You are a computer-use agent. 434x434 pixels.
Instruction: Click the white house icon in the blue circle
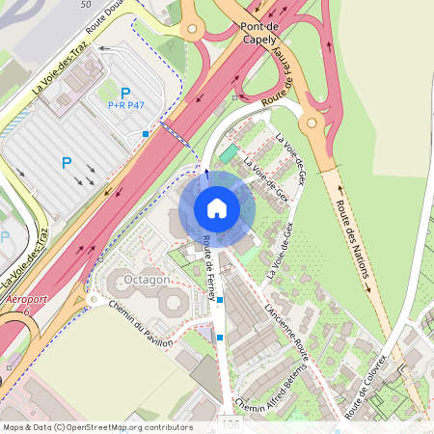pyautogui.click(x=216, y=208)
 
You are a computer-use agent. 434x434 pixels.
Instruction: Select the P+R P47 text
pyautogui.click(x=126, y=104)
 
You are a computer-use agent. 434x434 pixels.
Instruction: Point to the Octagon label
pyautogui.click(x=147, y=279)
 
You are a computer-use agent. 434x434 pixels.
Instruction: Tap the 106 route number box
pyautogui.click(x=231, y=424)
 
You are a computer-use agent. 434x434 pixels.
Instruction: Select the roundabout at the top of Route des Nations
pyautogui.click(x=312, y=122)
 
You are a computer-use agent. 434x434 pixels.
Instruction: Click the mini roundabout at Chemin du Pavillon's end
pyautogui.click(x=94, y=300)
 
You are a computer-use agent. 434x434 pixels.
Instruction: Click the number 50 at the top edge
pyautogui.click(x=88, y=5)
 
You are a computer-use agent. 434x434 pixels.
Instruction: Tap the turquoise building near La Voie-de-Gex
pyautogui.click(x=229, y=153)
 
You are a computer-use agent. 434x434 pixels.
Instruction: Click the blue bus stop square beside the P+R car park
pyautogui.click(x=146, y=133)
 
